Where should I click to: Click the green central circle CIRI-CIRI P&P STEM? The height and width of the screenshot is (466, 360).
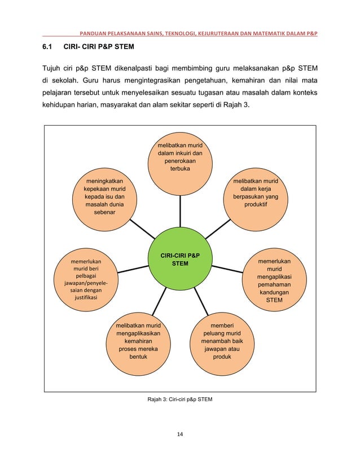point(180,261)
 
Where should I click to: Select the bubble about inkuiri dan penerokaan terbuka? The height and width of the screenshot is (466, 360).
point(181,160)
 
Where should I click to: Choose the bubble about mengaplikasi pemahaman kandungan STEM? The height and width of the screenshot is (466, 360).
point(274,280)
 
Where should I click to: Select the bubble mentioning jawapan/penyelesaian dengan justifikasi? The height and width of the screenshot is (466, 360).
point(86,280)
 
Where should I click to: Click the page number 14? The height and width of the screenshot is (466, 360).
point(180,434)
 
